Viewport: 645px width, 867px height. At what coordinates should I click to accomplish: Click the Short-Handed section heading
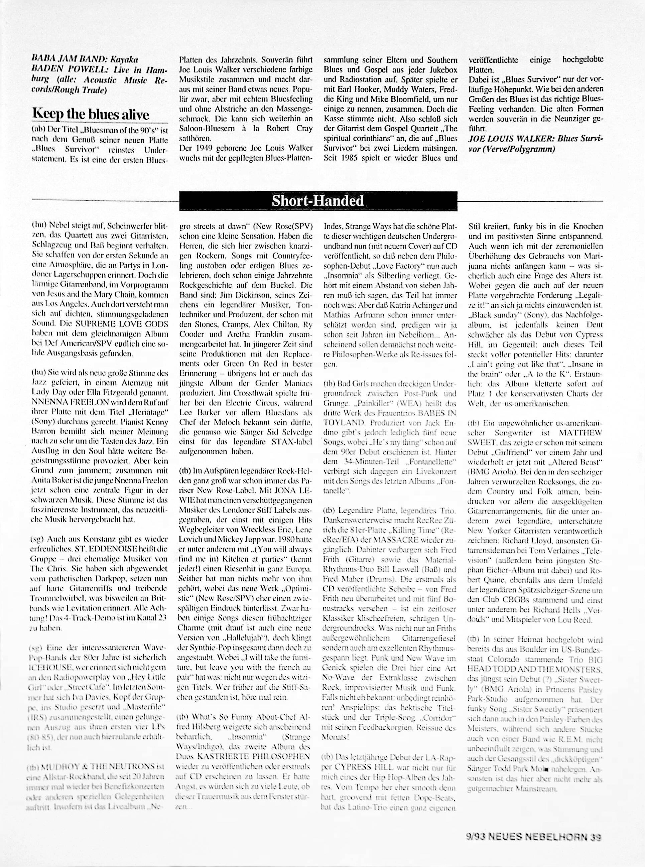click(317, 201)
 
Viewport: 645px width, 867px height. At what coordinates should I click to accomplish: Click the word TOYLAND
click(343, 422)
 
